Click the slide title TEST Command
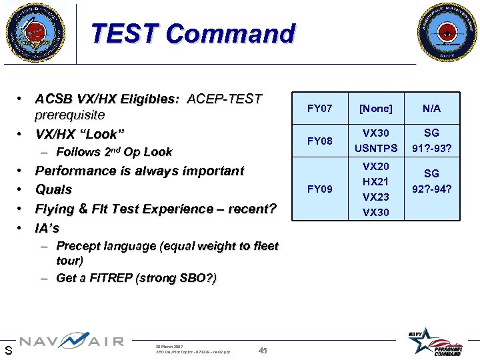tap(193, 33)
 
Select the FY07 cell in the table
tap(319, 108)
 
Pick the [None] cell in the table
tap(376, 108)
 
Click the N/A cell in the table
tap(431, 108)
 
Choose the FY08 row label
tap(319, 141)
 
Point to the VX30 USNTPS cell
tap(376, 141)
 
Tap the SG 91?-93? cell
tap(431, 141)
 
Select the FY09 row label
tap(319, 189)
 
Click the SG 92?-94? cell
tap(431, 181)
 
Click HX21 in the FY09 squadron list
tap(376, 181)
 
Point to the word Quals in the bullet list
tap(53, 190)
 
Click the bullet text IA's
tap(47, 229)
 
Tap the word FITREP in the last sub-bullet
tap(109, 278)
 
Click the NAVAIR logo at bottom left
tap(71, 342)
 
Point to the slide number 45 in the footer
tap(263, 351)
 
